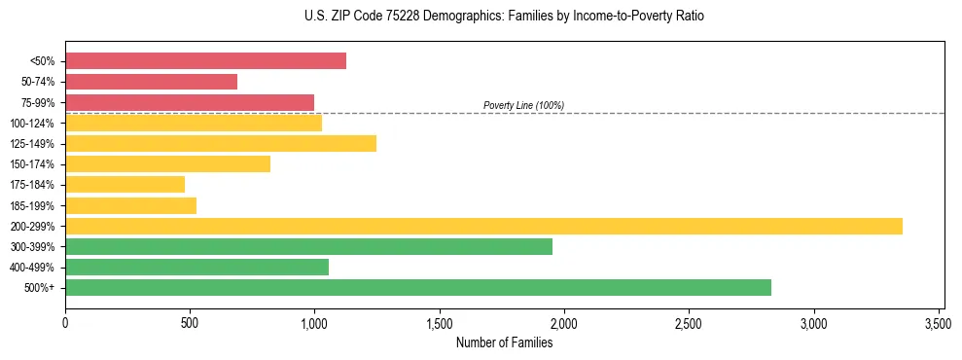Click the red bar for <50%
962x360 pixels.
point(205,61)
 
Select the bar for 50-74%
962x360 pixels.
point(151,82)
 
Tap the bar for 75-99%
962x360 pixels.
point(190,102)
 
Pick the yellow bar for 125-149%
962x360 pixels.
point(221,144)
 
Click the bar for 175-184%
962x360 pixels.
point(125,185)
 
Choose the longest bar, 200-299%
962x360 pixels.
point(483,227)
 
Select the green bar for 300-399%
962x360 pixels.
point(308,247)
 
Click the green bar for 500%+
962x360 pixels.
point(418,288)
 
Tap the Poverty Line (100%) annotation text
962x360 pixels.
point(523,105)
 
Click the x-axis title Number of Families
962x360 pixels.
point(504,342)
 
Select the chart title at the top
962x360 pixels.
point(504,17)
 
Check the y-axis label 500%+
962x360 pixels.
point(41,288)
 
